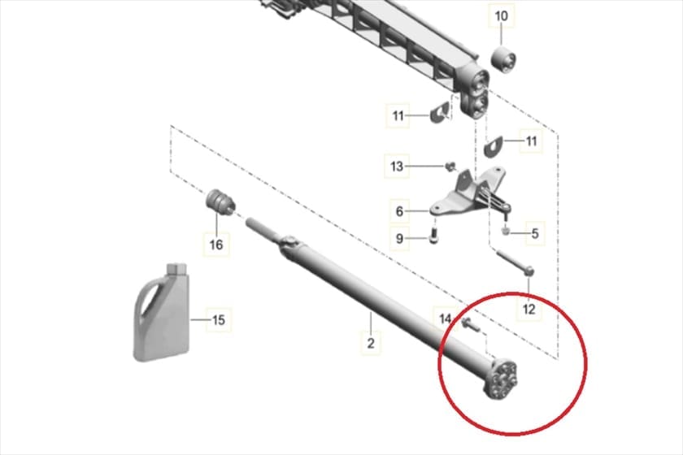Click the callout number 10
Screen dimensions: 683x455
point(502,16)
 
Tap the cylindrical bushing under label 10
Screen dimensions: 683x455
point(504,61)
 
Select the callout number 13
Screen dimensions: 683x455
point(397,166)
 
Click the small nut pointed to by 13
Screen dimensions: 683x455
point(450,166)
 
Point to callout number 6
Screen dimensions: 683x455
point(399,211)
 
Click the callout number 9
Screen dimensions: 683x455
point(399,239)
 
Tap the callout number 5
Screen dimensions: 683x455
point(535,234)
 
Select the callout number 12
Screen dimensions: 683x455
point(529,310)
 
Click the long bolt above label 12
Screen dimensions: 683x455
point(515,262)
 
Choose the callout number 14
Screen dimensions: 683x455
point(445,318)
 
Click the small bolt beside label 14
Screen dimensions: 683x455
point(470,324)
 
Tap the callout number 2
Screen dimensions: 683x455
point(370,343)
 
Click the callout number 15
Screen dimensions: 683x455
point(218,320)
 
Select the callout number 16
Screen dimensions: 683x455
point(216,245)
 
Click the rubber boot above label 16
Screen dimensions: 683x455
point(220,201)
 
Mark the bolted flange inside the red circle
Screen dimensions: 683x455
point(502,378)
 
